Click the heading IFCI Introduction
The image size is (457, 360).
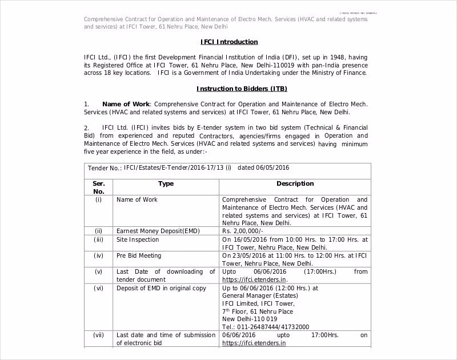pos(229,42)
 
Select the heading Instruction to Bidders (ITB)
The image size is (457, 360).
pos(242,89)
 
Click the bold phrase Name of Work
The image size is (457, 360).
pos(126,104)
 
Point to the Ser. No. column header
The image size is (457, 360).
pos(99,187)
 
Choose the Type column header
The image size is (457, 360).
pos(166,184)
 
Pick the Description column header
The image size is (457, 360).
pos(295,184)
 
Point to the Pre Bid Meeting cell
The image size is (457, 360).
pos(139,255)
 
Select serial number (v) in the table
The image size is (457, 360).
pos(99,271)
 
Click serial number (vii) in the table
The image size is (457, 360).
pos(99,335)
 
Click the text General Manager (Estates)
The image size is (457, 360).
pos(255,295)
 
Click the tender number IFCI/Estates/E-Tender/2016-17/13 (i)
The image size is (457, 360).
pos(178,167)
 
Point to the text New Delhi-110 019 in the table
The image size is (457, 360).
pos(250,319)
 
